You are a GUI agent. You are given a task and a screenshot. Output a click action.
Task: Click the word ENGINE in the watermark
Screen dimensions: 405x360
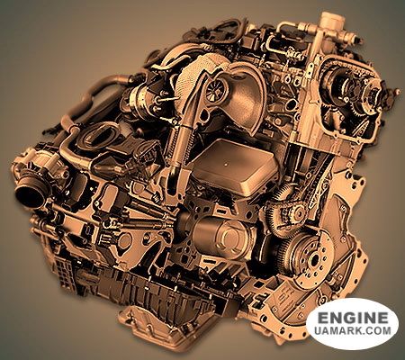point(353,318)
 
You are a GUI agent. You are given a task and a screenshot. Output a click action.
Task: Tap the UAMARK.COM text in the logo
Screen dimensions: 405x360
point(353,330)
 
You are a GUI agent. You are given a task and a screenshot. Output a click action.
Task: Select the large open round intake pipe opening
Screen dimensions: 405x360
point(30,194)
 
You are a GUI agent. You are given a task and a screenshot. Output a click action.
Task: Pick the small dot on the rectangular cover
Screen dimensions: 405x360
point(226,165)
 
